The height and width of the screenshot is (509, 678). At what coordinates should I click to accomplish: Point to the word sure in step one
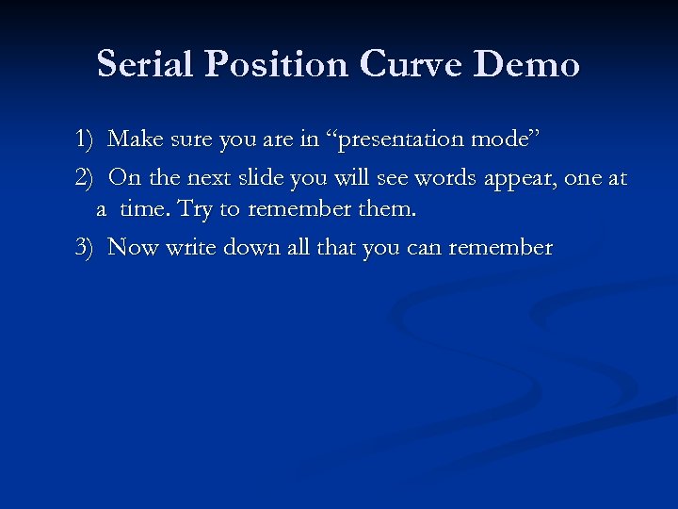pos(188,140)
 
